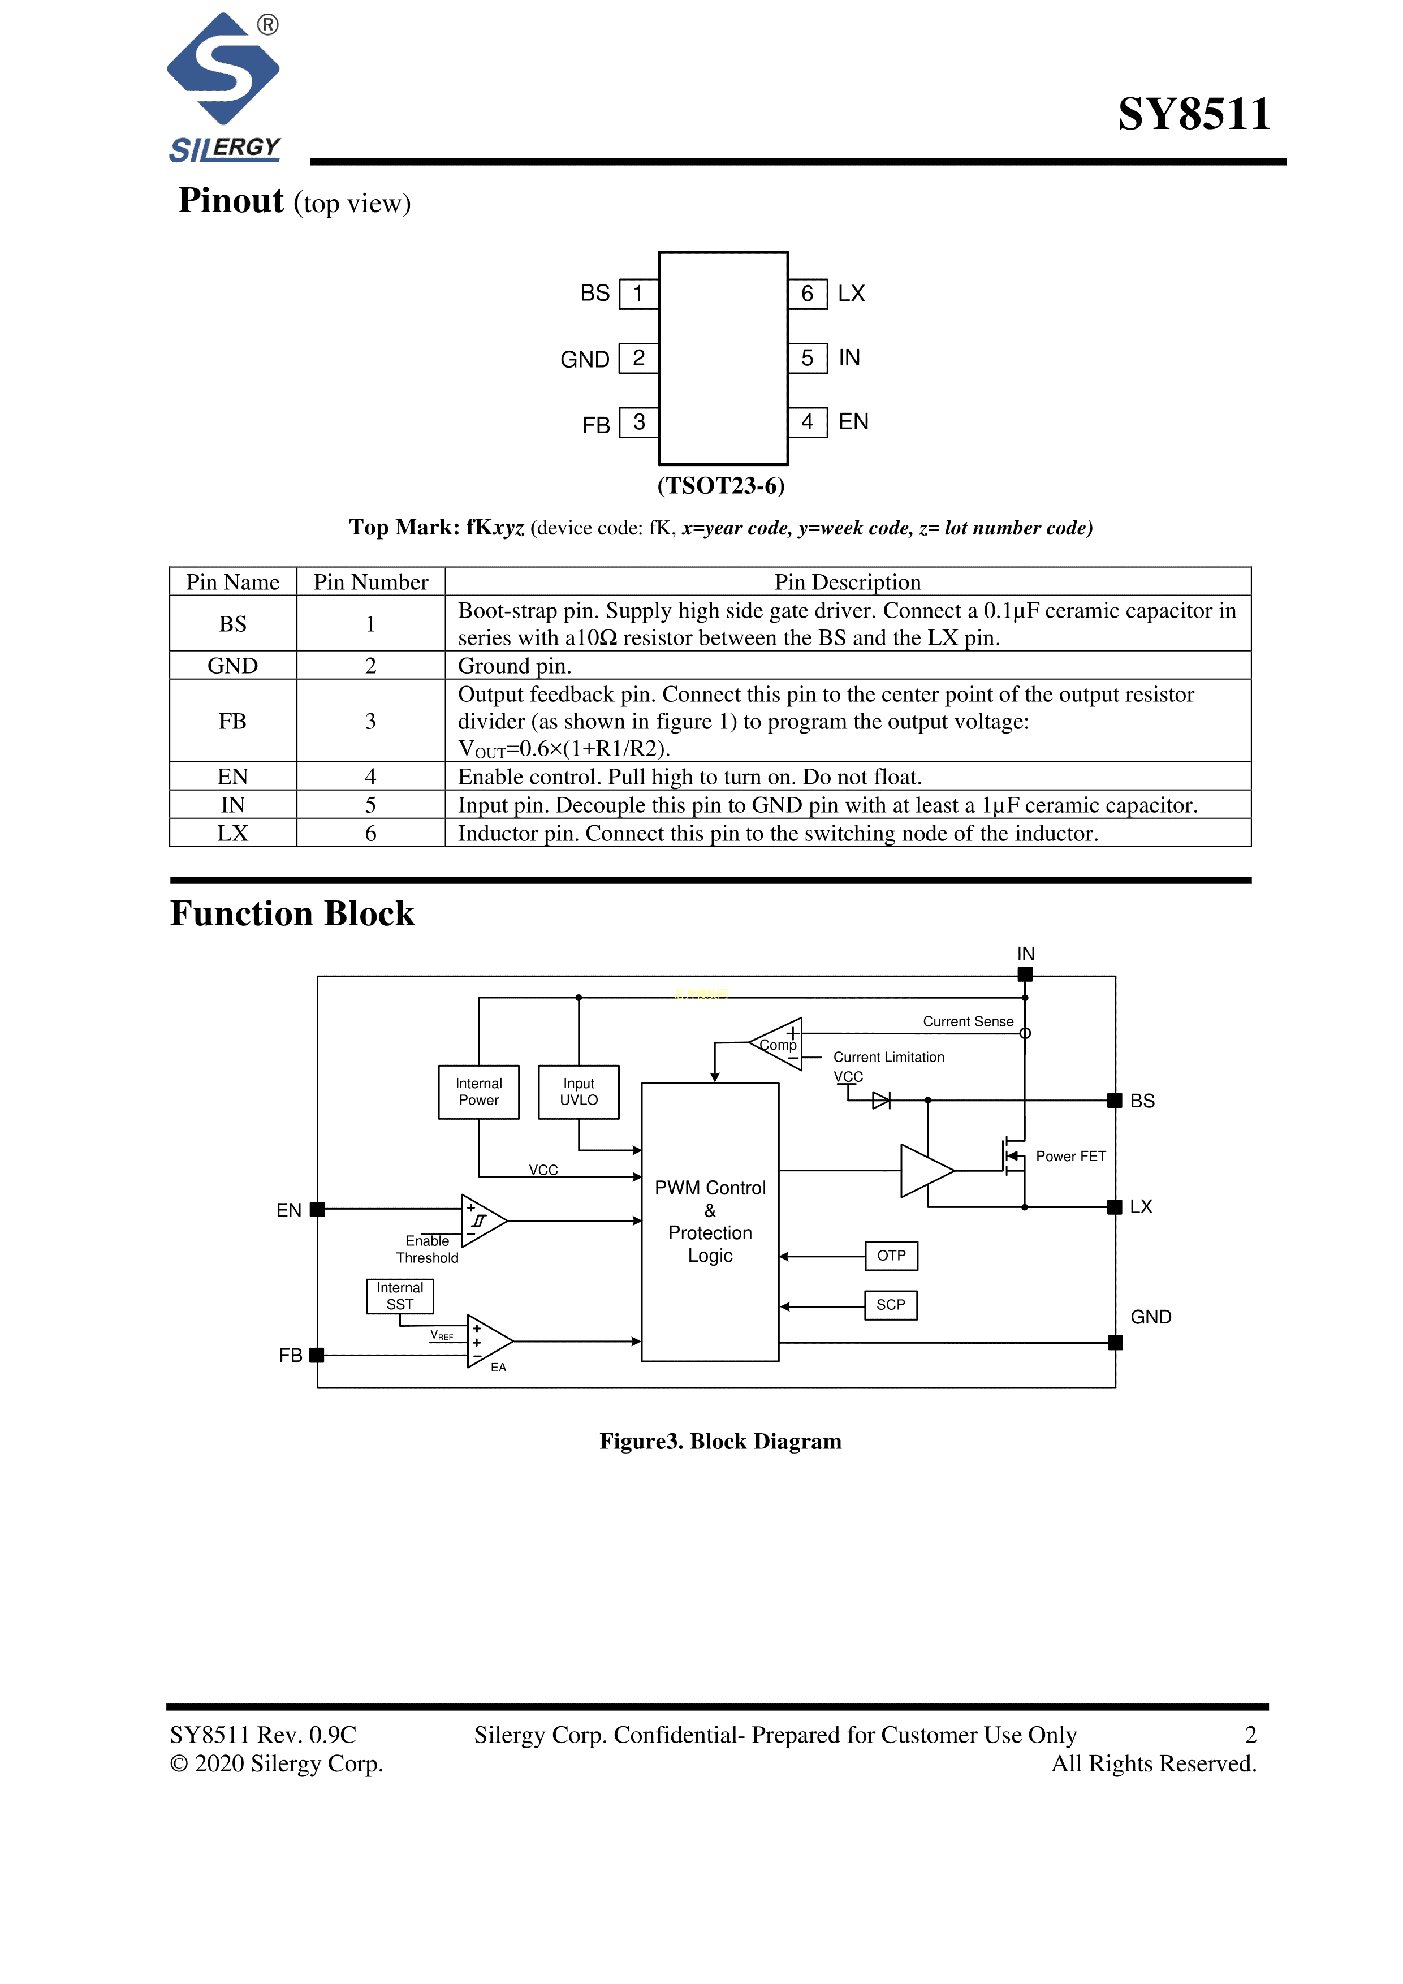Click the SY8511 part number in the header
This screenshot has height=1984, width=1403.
[x=1193, y=114]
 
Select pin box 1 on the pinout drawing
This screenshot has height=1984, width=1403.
[x=638, y=294]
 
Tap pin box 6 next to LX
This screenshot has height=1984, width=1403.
[x=808, y=294]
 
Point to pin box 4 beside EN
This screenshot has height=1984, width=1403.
[x=808, y=422]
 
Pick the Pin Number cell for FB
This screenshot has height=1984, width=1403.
[x=370, y=721]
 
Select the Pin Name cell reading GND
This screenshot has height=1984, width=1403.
[x=232, y=665]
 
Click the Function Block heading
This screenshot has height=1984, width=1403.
[x=292, y=913]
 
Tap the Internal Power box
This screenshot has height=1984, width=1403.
[x=478, y=1092]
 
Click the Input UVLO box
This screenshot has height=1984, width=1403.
[x=579, y=1092]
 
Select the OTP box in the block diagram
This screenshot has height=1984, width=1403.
[x=891, y=1256]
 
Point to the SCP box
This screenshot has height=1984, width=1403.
[x=891, y=1305]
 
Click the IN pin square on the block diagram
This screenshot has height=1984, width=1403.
[x=1025, y=974]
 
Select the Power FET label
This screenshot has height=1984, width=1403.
[x=1070, y=1156]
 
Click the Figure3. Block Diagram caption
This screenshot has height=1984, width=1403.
[x=720, y=1441]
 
